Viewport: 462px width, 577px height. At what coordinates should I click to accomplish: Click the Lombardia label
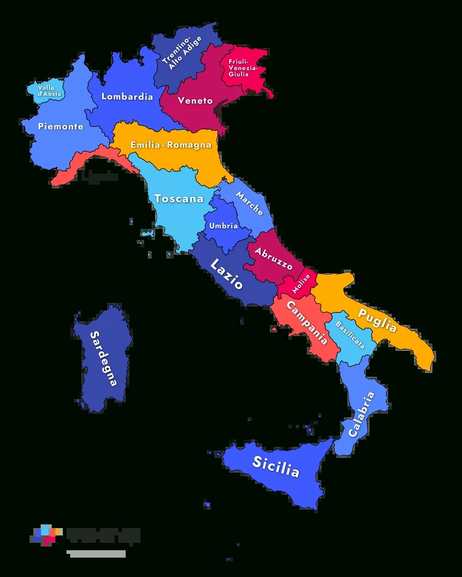coord(127,97)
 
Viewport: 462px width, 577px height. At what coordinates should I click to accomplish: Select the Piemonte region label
coord(61,126)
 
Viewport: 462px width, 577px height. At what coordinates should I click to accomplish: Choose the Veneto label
coord(195,101)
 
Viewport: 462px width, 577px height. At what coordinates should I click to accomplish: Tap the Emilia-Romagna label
coord(170,145)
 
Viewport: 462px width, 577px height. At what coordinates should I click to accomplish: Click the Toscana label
coord(179,198)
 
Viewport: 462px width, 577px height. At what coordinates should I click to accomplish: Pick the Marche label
coord(249,203)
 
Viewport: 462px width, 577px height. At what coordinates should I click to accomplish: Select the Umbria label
coord(223,226)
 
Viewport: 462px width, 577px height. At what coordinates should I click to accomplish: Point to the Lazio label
coord(226,274)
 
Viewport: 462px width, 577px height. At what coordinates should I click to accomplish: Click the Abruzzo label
coord(274,259)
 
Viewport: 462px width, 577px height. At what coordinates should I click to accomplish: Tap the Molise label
coord(301,283)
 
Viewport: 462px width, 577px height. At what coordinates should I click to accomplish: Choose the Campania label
coord(307,323)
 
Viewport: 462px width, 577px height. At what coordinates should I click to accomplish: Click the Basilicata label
coord(350,335)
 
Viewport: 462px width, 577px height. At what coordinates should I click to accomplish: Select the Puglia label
coord(377,320)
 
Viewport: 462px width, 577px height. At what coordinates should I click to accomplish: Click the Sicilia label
coord(276,466)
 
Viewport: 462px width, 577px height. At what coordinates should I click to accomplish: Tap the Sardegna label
coord(103,358)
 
